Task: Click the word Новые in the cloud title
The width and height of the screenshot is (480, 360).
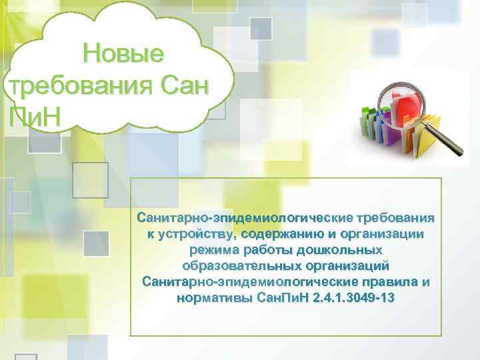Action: coord(123,53)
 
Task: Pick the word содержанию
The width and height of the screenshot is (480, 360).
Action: coord(283,234)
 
